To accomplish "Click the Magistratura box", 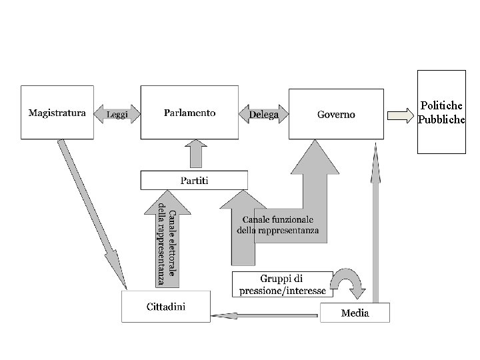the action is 57,113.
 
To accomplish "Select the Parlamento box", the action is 189,113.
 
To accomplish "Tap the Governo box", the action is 336,114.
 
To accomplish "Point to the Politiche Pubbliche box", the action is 441,112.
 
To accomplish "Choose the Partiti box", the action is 194,180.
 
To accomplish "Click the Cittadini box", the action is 166,307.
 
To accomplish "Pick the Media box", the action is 355,313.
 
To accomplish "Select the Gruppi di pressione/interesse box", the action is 282,284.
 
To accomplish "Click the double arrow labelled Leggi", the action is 117,114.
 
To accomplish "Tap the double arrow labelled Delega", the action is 263,114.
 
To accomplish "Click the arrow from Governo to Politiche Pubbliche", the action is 401,116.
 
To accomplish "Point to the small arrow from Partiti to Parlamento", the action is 196,154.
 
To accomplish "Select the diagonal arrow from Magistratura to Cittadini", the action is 92,214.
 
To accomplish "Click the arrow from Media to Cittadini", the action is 264,315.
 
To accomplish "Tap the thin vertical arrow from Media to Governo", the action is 375,223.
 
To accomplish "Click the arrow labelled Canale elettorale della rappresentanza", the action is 167,239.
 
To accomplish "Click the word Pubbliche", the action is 441,119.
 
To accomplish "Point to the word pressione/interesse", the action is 283,291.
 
